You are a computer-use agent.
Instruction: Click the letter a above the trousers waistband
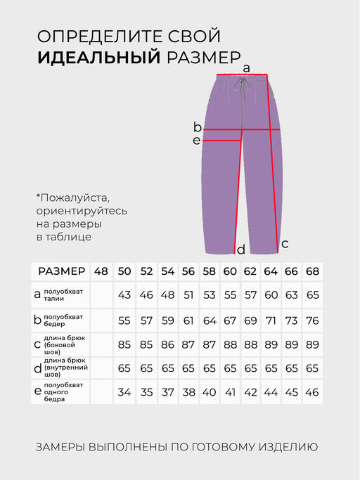click(x=246, y=68)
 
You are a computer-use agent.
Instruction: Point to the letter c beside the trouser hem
click(x=284, y=244)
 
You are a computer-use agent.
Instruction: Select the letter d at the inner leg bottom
click(x=240, y=249)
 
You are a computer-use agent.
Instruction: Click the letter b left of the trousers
click(x=198, y=127)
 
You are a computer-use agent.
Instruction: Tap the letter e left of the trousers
click(x=197, y=141)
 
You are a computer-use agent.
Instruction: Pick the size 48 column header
click(x=101, y=271)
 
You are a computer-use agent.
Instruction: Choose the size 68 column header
click(x=313, y=271)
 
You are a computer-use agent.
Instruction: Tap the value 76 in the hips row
click(x=313, y=320)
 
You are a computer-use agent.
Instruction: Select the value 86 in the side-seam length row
click(x=168, y=344)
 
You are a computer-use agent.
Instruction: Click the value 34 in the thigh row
click(x=125, y=392)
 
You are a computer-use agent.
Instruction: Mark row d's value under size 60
click(x=230, y=368)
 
